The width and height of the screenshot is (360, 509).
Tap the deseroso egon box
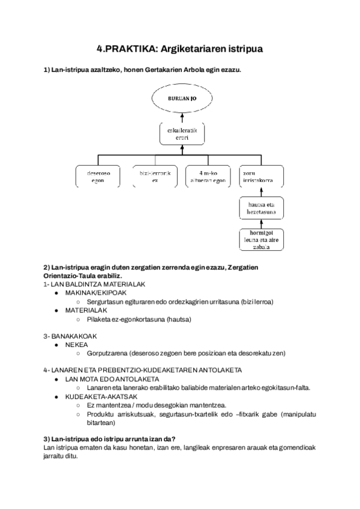pyautogui.click(x=98, y=176)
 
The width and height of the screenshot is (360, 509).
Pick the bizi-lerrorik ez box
pyautogui.click(x=155, y=176)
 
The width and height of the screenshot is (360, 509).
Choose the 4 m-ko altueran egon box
pyautogui.click(x=206, y=176)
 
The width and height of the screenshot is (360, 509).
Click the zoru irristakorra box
pyautogui.click(x=259, y=176)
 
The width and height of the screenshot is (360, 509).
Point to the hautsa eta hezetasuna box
pyautogui.click(x=259, y=208)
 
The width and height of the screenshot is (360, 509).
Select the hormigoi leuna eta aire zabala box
pyautogui.click(x=259, y=238)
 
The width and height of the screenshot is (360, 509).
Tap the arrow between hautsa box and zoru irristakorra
pyautogui.click(x=259, y=191)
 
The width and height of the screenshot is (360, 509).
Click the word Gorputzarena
pyautogui.click(x=109, y=353)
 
